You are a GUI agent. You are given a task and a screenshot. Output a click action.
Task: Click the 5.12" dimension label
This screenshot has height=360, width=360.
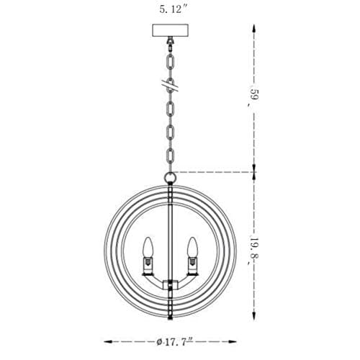[x=173, y=9]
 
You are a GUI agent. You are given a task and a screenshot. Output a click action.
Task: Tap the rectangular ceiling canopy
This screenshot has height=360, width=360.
[x=170, y=30]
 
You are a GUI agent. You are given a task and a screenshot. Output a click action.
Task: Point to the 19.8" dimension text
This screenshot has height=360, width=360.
[x=254, y=251]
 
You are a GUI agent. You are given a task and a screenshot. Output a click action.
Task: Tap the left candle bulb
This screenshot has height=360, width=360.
[x=148, y=247]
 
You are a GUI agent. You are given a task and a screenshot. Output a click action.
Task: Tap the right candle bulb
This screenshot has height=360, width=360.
[x=192, y=247]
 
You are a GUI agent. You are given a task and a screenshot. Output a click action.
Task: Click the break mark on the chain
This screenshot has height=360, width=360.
[x=170, y=86]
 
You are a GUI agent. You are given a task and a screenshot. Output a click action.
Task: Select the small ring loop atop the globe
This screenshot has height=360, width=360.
[x=170, y=178]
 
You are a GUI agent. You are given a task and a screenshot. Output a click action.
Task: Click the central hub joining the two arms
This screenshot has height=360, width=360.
[x=170, y=284]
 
